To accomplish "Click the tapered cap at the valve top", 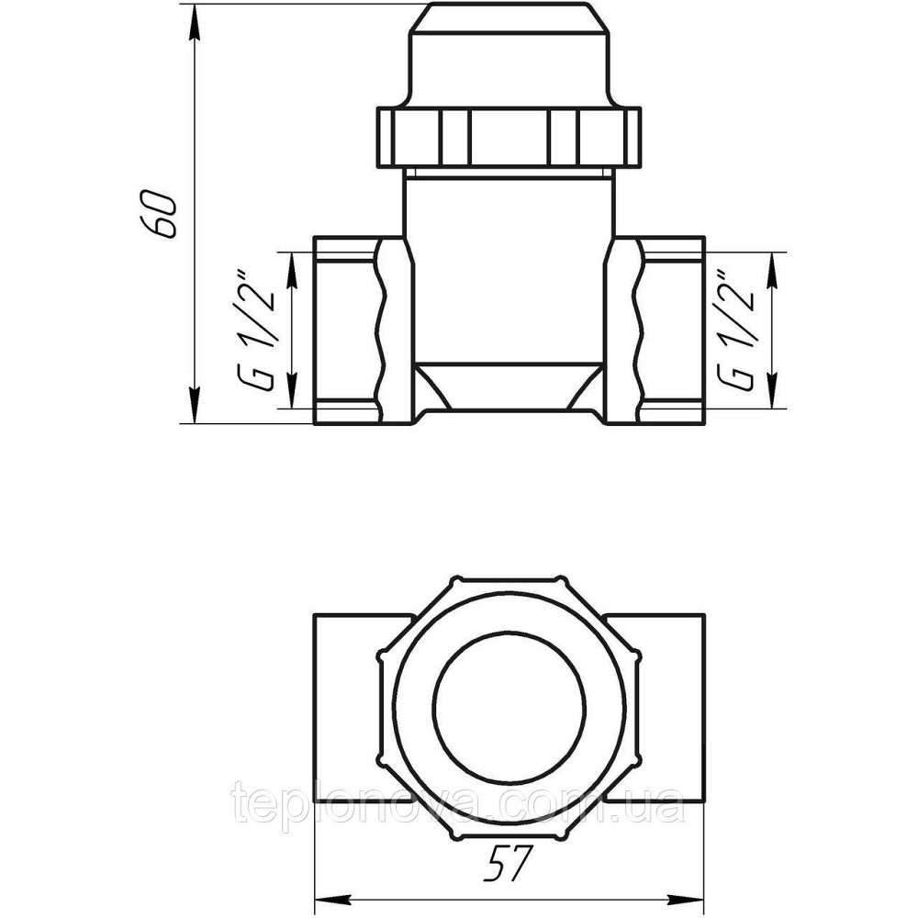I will tap(509, 55).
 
